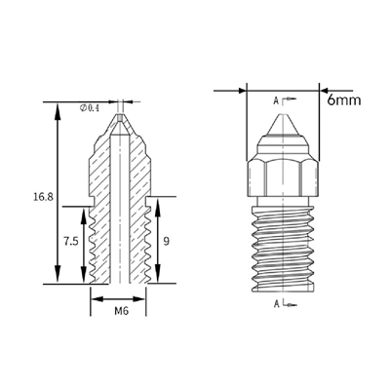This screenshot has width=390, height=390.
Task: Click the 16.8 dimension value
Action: pyautogui.click(x=43, y=197)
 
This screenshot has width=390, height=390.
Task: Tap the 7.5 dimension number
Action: pyautogui.click(x=71, y=242)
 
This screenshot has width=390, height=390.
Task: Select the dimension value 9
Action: pyautogui.click(x=166, y=242)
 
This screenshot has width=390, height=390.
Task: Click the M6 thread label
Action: pyautogui.click(x=122, y=311)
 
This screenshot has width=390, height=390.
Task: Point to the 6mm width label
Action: pyautogui.click(x=344, y=99)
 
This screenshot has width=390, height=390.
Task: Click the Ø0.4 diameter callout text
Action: pyautogui.click(x=89, y=108)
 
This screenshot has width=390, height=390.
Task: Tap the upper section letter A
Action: pyautogui.click(x=276, y=101)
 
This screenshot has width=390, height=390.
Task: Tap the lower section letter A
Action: pyautogui.click(x=277, y=304)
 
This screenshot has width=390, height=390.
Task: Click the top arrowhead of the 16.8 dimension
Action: pyautogui.click(x=58, y=112)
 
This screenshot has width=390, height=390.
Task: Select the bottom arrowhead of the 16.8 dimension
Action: pyautogui.click(x=58, y=274)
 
